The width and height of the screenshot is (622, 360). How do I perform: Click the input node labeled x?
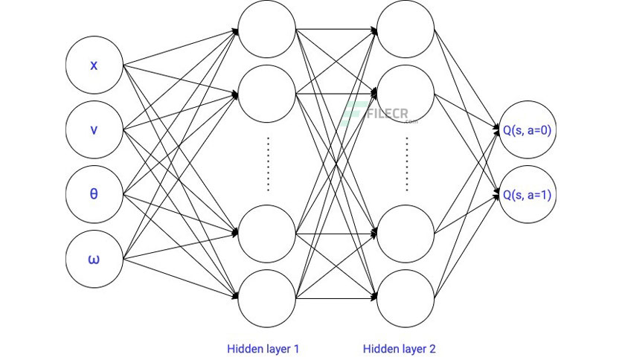[x=94, y=65]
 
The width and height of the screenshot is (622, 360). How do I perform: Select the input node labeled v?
[x=94, y=129]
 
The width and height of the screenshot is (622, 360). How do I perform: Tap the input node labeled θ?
[x=94, y=194]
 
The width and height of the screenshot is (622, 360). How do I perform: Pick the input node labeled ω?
[x=94, y=259]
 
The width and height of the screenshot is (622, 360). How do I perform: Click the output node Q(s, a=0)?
[x=528, y=129]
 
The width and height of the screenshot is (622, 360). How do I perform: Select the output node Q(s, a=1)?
[x=528, y=194]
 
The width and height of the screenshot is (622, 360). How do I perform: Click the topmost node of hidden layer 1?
[x=267, y=29]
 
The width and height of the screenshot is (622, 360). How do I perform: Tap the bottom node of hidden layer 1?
[x=267, y=298]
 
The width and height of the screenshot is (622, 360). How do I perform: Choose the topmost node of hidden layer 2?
[x=405, y=29]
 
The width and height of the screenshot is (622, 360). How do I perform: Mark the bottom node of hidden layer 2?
[x=405, y=298]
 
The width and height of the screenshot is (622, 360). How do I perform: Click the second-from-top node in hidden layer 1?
[x=267, y=94]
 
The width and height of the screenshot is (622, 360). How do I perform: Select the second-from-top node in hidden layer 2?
[x=405, y=94]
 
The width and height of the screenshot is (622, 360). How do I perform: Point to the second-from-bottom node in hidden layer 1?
[x=267, y=234]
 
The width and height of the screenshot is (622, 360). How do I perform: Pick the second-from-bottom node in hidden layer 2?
[x=405, y=234]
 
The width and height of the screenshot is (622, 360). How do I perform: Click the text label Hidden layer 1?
[x=263, y=349]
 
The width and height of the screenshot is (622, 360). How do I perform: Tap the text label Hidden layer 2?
[x=399, y=349]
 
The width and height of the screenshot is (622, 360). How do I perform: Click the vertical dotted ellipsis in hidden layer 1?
[x=268, y=164]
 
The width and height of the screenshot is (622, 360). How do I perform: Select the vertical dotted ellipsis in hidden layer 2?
[x=406, y=164]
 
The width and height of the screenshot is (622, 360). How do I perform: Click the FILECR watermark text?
[x=388, y=114]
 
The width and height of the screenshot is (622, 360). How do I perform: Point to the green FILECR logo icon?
[x=353, y=113]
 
